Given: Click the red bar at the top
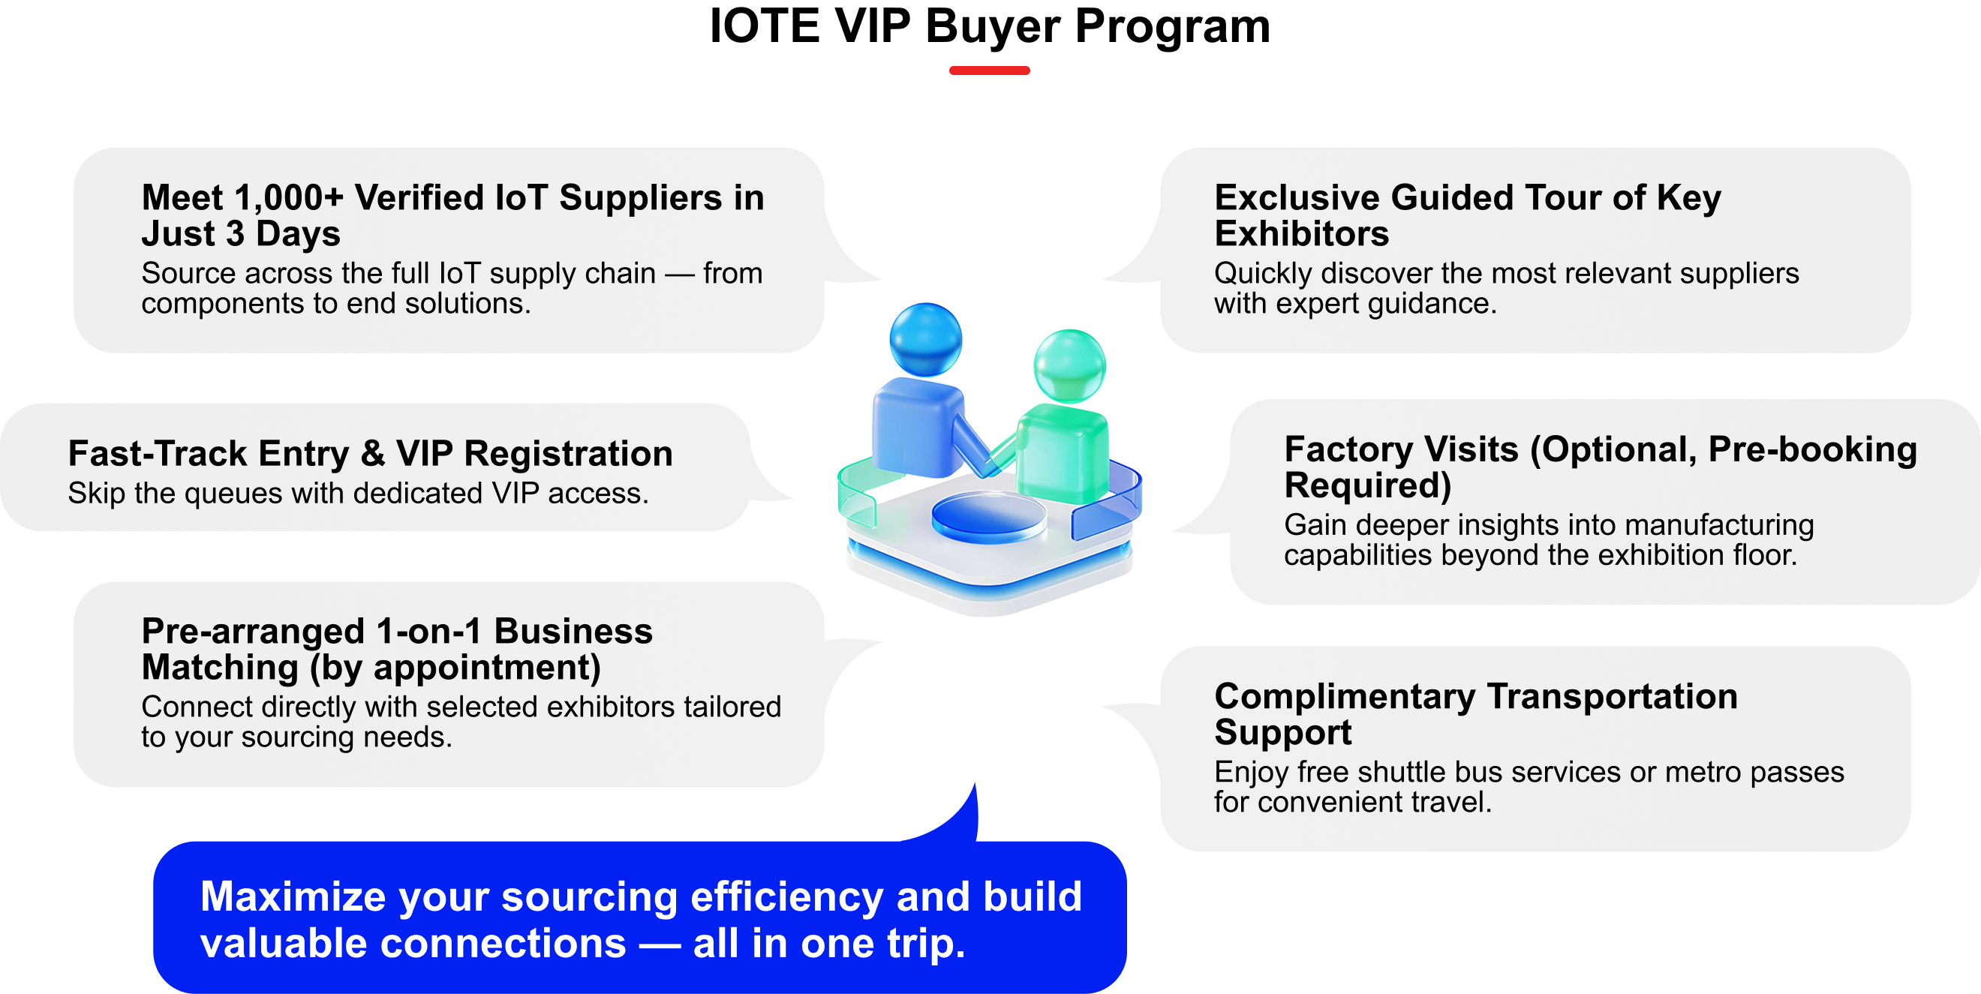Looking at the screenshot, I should (x=989, y=70).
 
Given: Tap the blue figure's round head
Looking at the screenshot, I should (x=925, y=340).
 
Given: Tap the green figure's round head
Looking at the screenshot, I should (x=1069, y=366).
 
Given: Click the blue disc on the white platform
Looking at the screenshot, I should (x=988, y=517).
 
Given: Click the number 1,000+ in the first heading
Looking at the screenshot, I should (x=287, y=198).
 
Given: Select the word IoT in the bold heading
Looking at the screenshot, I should (x=520, y=198).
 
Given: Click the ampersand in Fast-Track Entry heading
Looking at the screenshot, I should (x=372, y=454).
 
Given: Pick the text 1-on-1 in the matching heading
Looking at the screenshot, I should (x=428, y=632).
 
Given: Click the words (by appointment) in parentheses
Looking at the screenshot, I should (x=455, y=667).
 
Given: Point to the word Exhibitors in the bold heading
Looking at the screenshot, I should (x=1301, y=234).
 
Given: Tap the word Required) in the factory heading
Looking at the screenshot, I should (x=1367, y=486).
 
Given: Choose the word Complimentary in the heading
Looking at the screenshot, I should (x=1344, y=697).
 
